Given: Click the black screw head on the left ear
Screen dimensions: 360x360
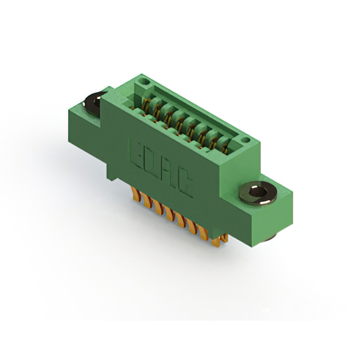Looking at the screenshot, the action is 93,103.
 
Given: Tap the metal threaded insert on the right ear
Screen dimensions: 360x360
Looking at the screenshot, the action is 258,193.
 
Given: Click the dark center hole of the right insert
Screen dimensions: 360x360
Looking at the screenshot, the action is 258,191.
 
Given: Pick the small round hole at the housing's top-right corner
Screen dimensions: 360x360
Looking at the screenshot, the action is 246,139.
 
